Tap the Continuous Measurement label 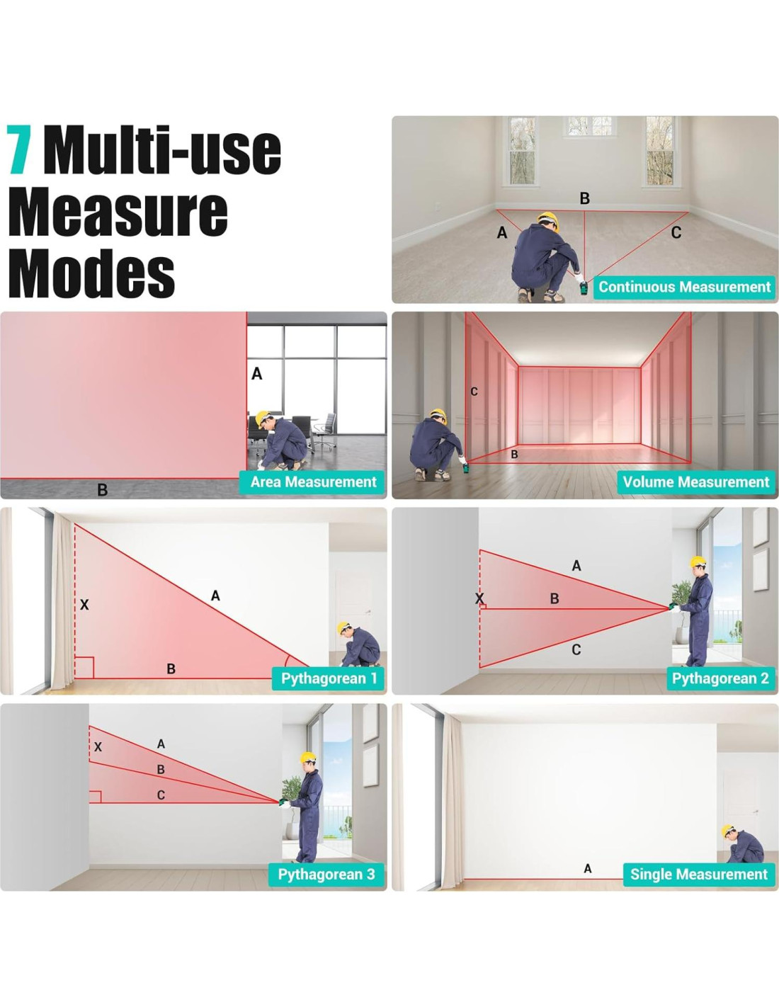coord(684,287)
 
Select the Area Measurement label coord(313,482)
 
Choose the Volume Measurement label coord(695,482)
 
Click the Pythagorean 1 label coord(329,678)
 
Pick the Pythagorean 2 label coord(720,678)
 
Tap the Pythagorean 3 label coord(326,874)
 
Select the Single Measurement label coord(698,874)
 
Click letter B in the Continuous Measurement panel coord(585,198)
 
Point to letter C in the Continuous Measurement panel coord(676,232)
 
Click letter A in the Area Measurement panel coord(257,373)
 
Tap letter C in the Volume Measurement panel coord(474,392)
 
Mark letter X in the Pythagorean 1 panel coord(84,604)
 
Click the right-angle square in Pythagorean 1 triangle coord(84,668)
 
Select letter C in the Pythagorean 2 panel coord(576,649)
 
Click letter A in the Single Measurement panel coord(588,868)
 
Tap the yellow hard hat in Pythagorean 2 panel coord(698,562)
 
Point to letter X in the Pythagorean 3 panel coord(98,746)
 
